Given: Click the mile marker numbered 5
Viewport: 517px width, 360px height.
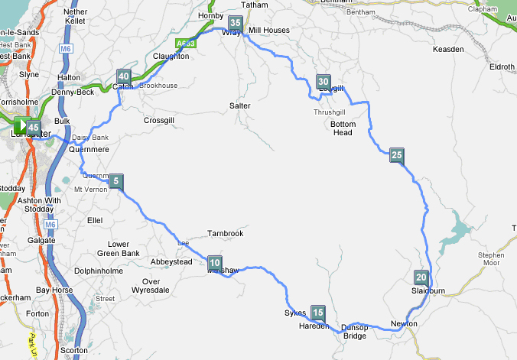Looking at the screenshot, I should coord(115,181).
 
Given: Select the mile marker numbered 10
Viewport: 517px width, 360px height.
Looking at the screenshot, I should coord(214,263).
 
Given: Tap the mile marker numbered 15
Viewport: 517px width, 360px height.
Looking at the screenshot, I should coord(318,312).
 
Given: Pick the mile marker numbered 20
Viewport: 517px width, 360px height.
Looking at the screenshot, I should coord(421,277).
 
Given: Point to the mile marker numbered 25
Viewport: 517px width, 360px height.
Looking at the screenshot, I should coord(396,155).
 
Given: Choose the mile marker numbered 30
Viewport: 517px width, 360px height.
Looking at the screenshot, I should coord(324,82).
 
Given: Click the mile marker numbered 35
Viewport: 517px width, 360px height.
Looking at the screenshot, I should coord(236,24).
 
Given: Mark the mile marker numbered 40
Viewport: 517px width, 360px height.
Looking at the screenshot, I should coord(123,76).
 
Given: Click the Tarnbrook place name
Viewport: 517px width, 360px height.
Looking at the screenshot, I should coord(226,233).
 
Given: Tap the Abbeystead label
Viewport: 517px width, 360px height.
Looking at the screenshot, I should coord(171,261).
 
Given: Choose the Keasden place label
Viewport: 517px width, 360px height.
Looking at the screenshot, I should coord(448,49).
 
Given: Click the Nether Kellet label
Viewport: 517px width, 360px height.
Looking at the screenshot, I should coord(76,17).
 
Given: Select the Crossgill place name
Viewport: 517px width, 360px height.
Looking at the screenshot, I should coord(161,120).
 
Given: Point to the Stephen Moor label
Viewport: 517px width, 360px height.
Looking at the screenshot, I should coord(490,261).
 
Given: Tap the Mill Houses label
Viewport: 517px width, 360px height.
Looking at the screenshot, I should coord(270,30).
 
